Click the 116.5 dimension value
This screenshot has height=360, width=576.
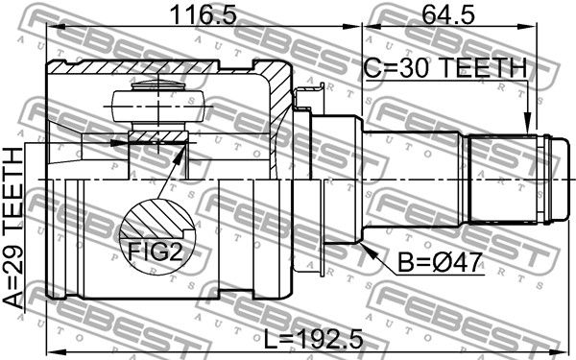click(204, 15)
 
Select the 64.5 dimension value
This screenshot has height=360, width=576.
click(448, 15)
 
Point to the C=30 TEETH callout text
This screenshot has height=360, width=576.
click(445, 67)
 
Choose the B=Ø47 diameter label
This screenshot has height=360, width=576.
click(440, 263)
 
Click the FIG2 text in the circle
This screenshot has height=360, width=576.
click(155, 251)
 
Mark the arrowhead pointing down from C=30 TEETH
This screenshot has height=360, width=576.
click(527, 124)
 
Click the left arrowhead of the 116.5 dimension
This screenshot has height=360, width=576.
click(56, 27)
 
